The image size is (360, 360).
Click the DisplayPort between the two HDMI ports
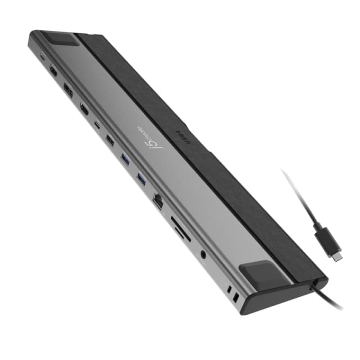click(67, 91)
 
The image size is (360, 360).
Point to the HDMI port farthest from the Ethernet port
click(53, 71)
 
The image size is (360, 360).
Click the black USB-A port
click(110, 141)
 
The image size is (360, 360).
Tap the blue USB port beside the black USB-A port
click(125, 159)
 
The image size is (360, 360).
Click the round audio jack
click(202, 254)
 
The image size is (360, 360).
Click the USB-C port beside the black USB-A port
click(98, 125)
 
